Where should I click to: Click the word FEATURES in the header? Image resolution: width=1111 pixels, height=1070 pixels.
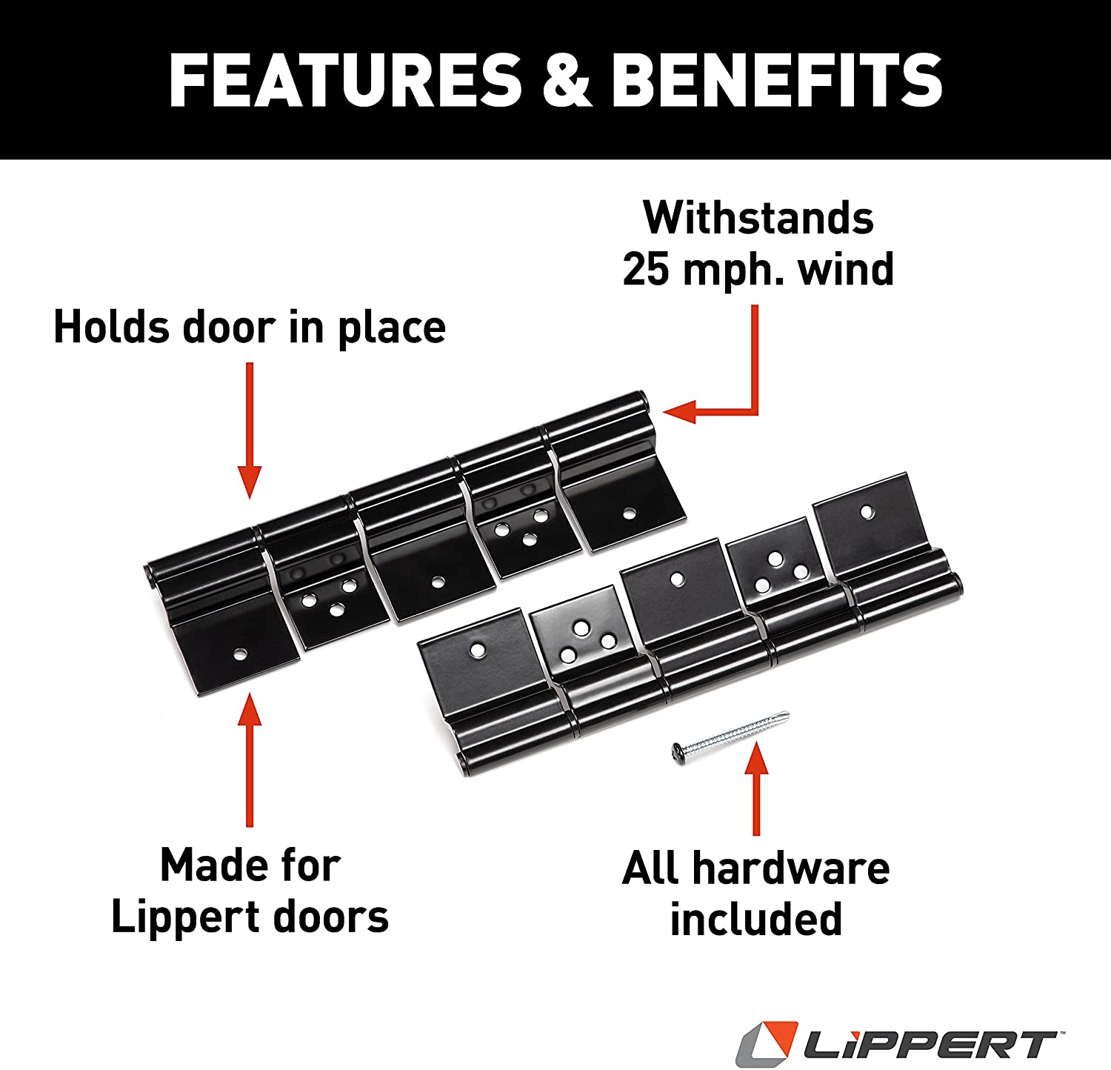pos(345,80)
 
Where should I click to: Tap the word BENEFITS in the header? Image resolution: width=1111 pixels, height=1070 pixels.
pos(776,80)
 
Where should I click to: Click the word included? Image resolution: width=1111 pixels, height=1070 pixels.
pos(756,920)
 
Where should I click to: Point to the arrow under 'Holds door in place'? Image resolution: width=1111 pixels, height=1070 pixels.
pos(250,430)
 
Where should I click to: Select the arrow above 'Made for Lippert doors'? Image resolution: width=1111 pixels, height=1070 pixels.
pos(250,760)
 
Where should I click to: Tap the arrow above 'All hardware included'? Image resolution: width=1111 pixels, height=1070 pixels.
pos(756,788)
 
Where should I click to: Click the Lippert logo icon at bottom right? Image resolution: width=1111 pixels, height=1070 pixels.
pos(767,1043)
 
